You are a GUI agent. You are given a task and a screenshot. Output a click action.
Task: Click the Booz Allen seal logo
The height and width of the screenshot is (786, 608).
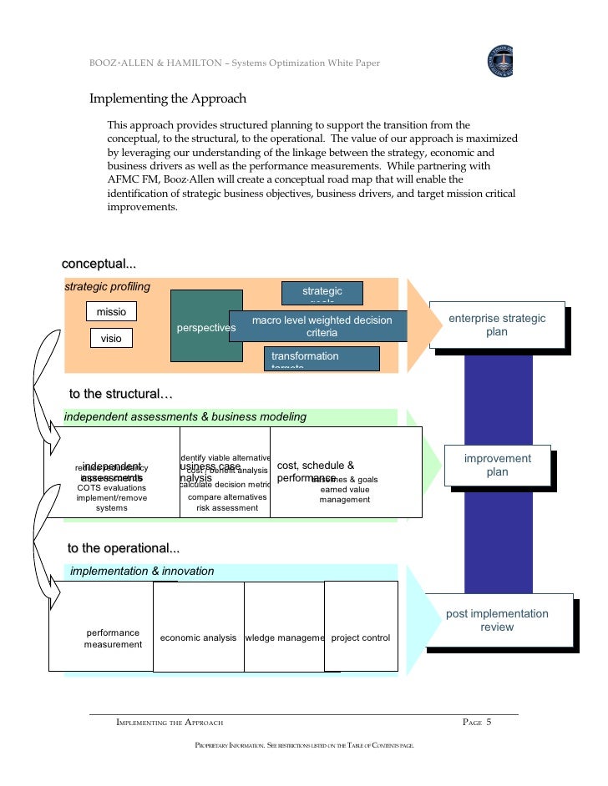tap(500, 61)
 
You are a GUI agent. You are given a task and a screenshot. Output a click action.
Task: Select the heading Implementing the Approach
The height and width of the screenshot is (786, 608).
tap(168, 98)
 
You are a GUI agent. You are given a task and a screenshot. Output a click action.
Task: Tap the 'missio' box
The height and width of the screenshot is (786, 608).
tap(111, 312)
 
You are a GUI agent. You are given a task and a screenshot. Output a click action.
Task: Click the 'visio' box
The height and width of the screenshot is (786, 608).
tap(111, 339)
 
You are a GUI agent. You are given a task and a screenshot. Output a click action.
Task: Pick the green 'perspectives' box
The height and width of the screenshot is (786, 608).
tap(206, 327)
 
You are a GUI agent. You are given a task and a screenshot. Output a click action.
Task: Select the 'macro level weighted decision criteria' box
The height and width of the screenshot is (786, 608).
tap(322, 326)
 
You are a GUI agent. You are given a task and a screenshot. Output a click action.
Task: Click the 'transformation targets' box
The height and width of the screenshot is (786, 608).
tap(322, 358)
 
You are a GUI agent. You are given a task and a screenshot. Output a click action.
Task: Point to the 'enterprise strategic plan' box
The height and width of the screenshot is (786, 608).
tap(497, 325)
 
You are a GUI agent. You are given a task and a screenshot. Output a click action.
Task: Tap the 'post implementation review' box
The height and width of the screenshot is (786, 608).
tap(497, 620)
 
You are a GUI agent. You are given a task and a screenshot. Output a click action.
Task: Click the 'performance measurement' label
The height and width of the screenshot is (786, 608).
tap(113, 638)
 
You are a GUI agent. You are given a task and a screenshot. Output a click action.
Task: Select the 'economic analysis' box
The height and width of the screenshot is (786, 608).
tap(199, 638)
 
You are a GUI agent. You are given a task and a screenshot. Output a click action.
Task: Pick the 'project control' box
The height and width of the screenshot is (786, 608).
tap(361, 638)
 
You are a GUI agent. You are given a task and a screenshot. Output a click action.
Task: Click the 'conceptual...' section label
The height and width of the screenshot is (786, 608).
tap(99, 265)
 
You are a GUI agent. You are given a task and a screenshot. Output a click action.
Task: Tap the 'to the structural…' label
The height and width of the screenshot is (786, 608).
tap(119, 394)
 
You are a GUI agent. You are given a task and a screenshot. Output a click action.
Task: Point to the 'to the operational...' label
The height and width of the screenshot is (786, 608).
tap(123, 548)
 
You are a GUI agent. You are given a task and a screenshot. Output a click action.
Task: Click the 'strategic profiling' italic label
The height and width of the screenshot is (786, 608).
tap(108, 287)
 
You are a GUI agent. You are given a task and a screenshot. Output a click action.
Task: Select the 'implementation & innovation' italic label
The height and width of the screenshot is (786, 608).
tap(142, 572)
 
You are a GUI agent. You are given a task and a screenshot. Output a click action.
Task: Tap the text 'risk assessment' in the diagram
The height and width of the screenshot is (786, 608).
tap(227, 507)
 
